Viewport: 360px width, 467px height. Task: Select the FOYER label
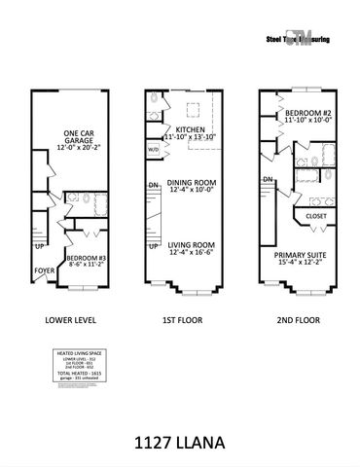[x=45, y=271]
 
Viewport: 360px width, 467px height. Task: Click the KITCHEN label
[x=190, y=128]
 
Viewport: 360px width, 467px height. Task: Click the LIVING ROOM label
[x=190, y=246]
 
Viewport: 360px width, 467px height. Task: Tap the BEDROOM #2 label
[x=304, y=114]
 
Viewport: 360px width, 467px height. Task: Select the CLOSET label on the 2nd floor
[x=315, y=216]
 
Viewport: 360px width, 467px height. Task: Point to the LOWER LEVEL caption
[x=71, y=318]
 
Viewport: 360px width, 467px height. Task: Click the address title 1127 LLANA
[x=180, y=442]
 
